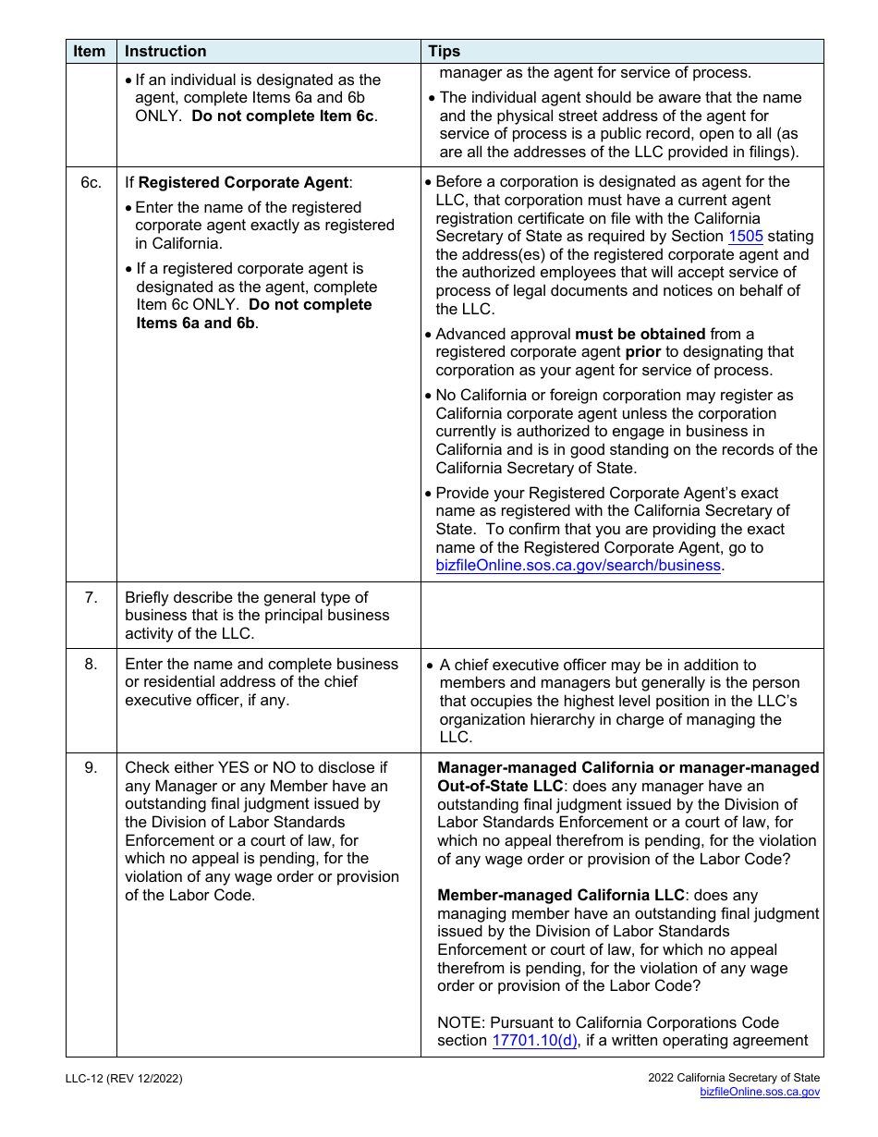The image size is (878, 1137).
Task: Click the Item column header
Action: (90, 52)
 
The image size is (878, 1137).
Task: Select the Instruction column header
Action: (165, 52)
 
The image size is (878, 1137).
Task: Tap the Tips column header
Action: (445, 52)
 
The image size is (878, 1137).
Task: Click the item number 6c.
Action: (91, 183)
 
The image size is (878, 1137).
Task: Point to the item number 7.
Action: (91, 598)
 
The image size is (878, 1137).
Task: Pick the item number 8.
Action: (91, 665)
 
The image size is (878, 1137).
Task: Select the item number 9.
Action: (91, 768)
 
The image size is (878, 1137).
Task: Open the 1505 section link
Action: (745, 237)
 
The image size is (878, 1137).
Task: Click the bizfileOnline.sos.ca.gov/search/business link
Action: (578, 566)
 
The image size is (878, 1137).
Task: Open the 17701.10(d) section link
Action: (535, 1041)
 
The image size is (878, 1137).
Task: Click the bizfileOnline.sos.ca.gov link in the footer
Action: (760, 1093)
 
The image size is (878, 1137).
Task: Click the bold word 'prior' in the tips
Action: (642, 352)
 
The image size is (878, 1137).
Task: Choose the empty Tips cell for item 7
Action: (622, 616)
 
